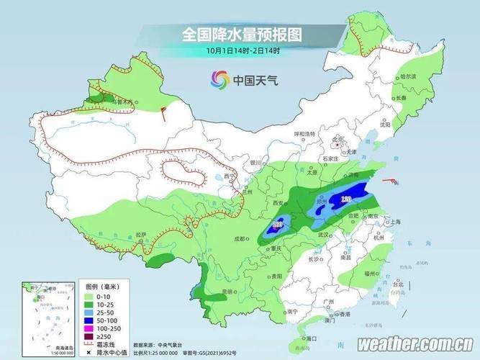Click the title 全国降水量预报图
[240, 34]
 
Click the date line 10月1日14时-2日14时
[240, 50]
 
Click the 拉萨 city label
[141, 235]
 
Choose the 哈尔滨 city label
[407, 76]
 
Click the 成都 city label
[240, 239]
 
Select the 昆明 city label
[228, 292]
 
